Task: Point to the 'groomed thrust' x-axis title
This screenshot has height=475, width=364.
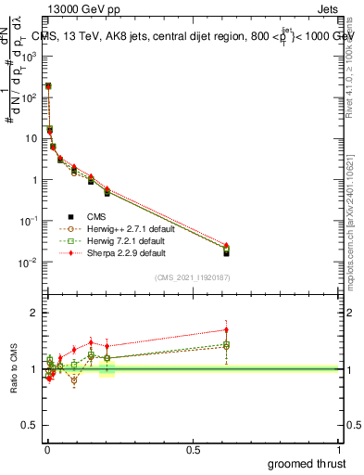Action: click(308, 464)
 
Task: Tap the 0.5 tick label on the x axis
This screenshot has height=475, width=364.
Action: click(193, 449)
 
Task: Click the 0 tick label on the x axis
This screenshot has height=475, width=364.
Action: click(46, 449)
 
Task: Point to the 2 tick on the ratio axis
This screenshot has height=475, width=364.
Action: click(34, 313)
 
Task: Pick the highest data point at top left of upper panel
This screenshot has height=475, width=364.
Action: click(48, 86)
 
